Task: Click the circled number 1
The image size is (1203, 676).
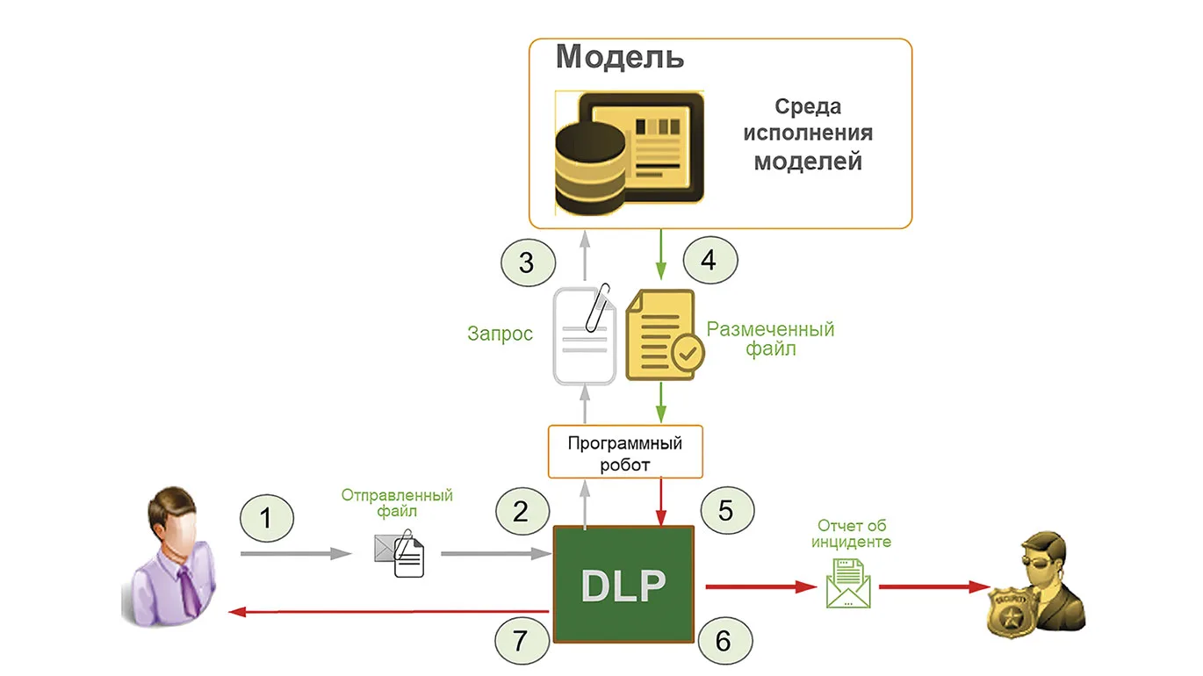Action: tap(266, 518)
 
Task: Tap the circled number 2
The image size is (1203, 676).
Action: tap(522, 511)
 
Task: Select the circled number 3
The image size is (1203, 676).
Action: tap(528, 262)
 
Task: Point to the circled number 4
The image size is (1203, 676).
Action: tap(710, 260)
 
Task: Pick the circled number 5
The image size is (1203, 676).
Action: tap(727, 510)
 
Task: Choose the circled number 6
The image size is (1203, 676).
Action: tap(725, 641)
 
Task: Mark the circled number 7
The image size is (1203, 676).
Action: tap(522, 641)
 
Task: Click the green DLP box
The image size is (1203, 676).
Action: tap(623, 584)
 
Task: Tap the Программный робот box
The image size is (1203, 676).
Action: tap(625, 451)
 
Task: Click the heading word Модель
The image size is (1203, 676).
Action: tap(620, 57)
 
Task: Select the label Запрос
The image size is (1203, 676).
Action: tap(500, 334)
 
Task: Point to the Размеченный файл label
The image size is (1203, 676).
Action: tap(770, 339)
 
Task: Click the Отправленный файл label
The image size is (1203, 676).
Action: tap(397, 502)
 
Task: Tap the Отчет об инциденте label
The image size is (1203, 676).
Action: tap(851, 533)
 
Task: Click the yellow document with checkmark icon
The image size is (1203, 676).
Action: tap(665, 335)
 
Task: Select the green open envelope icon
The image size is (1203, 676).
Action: tap(848, 583)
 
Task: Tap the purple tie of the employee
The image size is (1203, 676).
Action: tap(189, 591)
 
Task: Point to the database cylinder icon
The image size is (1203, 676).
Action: tap(590, 169)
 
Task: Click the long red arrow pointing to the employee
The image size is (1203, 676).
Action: tap(389, 612)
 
